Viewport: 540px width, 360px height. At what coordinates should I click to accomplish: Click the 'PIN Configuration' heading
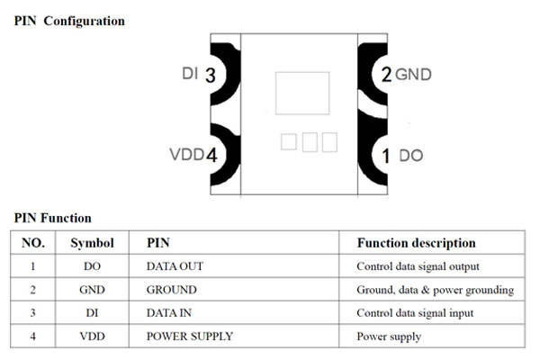(x=69, y=21)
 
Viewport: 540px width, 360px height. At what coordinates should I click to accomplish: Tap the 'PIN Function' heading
(x=52, y=218)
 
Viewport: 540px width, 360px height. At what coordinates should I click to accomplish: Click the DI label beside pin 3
(x=189, y=75)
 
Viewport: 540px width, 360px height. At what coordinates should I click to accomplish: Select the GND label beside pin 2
(x=414, y=75)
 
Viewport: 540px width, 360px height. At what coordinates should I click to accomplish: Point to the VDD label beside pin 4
(x=186, y=155)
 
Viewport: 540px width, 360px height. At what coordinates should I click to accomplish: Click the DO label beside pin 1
(x=410, y=156)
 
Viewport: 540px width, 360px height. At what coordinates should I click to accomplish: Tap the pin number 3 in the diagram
(x=211, y=76)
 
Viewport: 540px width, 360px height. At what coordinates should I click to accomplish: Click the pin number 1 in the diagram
(x=386, y=157)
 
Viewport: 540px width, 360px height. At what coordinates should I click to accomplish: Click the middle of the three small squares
(x=309, y=141)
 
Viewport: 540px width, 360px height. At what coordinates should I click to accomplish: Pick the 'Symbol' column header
(x=92, y=243)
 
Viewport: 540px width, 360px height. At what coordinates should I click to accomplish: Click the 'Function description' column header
(x=416, y=243)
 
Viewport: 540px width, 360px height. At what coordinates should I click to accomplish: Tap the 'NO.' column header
(x=33, y=243)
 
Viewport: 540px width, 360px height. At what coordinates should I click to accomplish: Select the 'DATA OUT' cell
(x=175, y=266)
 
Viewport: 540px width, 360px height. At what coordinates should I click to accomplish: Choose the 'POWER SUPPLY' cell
(x=189, y=337)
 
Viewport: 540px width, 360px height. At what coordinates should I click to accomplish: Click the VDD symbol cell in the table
(x=92, y=337)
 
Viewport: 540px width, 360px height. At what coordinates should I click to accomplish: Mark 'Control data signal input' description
(x=415, y=313)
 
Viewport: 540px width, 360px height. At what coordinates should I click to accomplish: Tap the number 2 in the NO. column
(x=32, y=290)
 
